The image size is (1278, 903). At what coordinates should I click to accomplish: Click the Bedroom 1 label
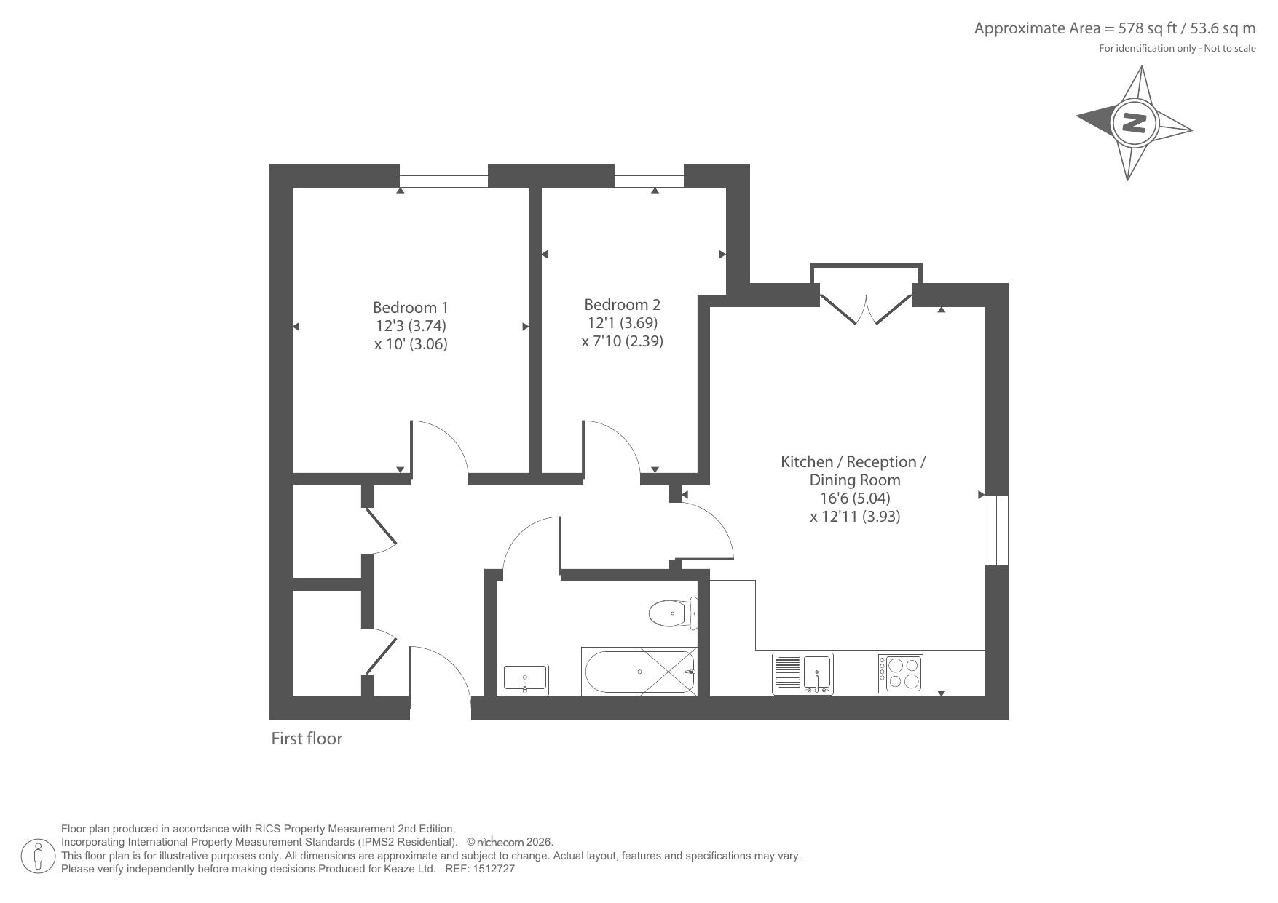[x=411, y=307]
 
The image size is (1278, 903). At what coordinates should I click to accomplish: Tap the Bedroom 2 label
[x=622, y=304]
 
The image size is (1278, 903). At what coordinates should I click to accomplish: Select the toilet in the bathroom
[x=673, y=613]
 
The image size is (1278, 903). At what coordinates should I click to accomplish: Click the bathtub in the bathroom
[x=639, y=672]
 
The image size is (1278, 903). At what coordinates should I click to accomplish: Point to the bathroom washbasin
[x=525, y=679]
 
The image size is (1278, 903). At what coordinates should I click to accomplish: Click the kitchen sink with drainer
[x=802, y=674]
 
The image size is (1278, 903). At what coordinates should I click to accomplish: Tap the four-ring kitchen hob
[x=901, y=674]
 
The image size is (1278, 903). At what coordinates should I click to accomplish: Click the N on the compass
[x=1134, y=122]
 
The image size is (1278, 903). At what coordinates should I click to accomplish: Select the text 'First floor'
[x=307, y=739]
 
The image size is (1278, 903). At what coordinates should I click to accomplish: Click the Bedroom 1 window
[x=443, y=175]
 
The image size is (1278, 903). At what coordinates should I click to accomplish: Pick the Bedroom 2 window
[x=649, y=175]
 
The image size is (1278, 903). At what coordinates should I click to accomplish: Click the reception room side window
[x=996, y=530]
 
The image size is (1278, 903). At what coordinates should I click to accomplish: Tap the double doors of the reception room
[x=866, y=306]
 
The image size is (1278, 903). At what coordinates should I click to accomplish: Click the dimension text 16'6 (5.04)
[x=855, y=498]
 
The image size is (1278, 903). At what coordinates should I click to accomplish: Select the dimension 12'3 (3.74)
[x=411, y=325]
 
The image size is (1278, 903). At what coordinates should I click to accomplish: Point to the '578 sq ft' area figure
[x=1147, y=28]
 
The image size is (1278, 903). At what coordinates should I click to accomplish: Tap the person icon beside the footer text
[x=39, y=856]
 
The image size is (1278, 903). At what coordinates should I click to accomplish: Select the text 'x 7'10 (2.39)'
[x=622, y=341]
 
